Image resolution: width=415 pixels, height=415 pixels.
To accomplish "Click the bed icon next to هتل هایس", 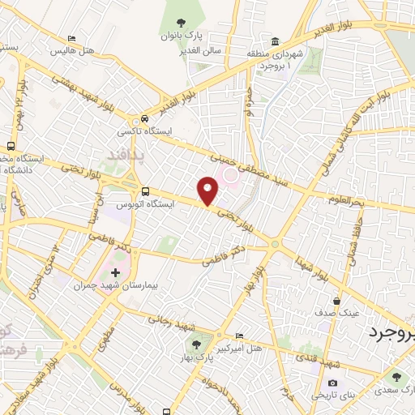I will [72, 38].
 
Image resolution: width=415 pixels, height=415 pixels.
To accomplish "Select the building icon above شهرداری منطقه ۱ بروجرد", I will [276, 42].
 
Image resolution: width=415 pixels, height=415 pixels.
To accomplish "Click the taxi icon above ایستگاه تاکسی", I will [145, 118].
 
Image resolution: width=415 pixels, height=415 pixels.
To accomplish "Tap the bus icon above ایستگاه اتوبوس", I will [145, 192].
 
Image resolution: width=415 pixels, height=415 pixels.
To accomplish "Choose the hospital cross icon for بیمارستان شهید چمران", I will [114, 272].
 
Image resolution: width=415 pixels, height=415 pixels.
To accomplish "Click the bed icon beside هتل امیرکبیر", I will [239, 336].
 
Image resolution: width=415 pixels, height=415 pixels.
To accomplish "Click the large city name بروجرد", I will [392, 333].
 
